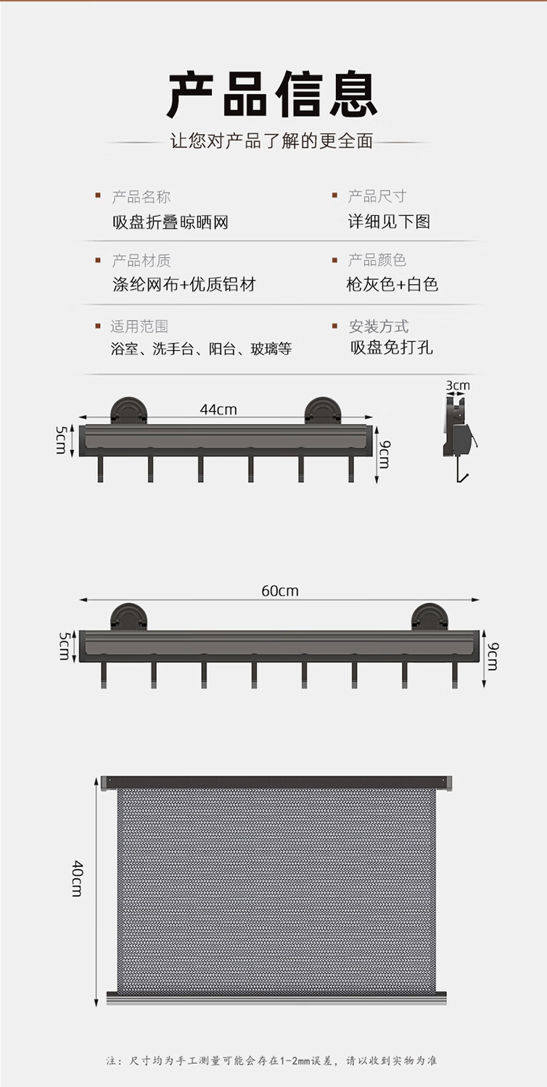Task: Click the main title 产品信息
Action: pyautogui.click(x=273, y=94)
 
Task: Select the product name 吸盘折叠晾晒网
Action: pyautogui.click(x=170, y=222)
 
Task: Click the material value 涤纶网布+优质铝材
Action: pyautogui.click(x=184, y=284)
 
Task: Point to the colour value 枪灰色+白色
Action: pyautogui.click(x=392, y=284)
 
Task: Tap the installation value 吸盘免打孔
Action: pyautogui.click(x=391, y=347)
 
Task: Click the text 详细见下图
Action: pyautogui.click(x=389, y=222)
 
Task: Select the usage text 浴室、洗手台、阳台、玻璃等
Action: pyautogui.click(x=201, y=349)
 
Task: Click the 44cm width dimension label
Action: pyautogui.click(x=218, y=409)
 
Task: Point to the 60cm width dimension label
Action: pyautogui.click(x=280, y=591)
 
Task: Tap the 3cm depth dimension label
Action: pyautogui.click(x=458, y=386)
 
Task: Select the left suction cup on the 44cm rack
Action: pyautogui.click(x=128, y=410)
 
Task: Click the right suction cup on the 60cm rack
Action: pyautogui.click(x=429, y=616)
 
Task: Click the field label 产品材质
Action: pyautogui.click(x=141, y=260)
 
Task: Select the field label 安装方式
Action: pyautogui.click(x=379, y=326)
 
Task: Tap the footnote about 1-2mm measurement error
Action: pyautogui.click(x=272, y=1060)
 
